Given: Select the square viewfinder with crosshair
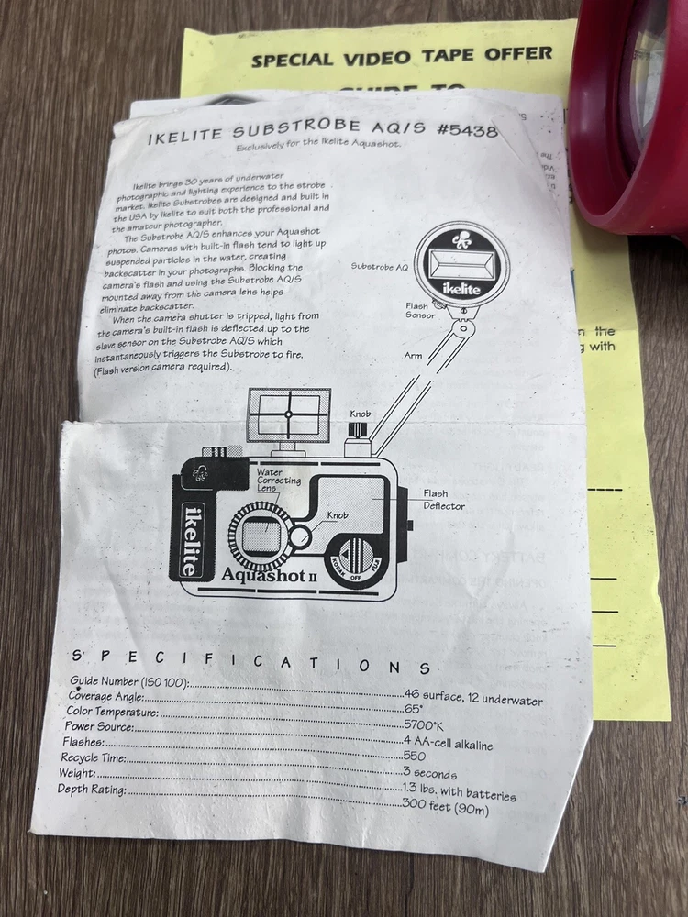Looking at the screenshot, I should pyautogui.click(x=289, y=414).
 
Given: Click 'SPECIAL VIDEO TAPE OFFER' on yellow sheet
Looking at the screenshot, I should pyautogui.click(x=402, y=57).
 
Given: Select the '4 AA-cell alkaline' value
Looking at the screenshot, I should pyautogui.click(x=449, y=743).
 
